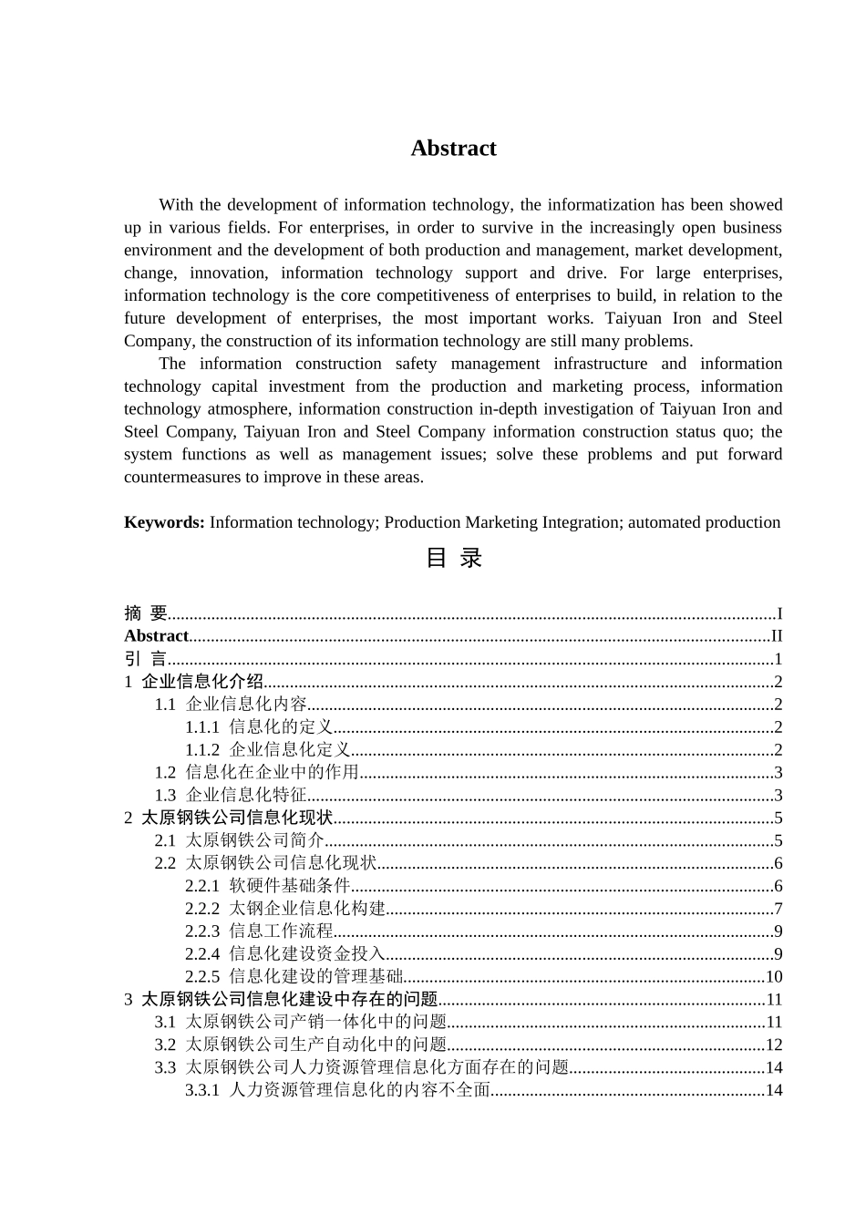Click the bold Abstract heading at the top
[453, 149]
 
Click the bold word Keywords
[164, 522]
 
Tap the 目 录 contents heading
[453, 558]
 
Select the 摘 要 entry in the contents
[146, 613]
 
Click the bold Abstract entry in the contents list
[156, 636]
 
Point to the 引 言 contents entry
[146, 659]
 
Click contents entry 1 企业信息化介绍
[194, 682]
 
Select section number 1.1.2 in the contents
[202, 750]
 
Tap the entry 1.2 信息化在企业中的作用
[256, 773]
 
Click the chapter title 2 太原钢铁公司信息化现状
[229, 818]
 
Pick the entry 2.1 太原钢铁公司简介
[239, 840]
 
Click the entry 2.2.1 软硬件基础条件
[268, 886]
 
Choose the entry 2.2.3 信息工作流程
[259, 932]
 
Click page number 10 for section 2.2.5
[774, 977]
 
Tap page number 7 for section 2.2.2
[778, 909]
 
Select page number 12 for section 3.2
[774, 1045]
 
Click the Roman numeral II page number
[777, 636]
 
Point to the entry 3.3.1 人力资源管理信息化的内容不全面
[338, 1090]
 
